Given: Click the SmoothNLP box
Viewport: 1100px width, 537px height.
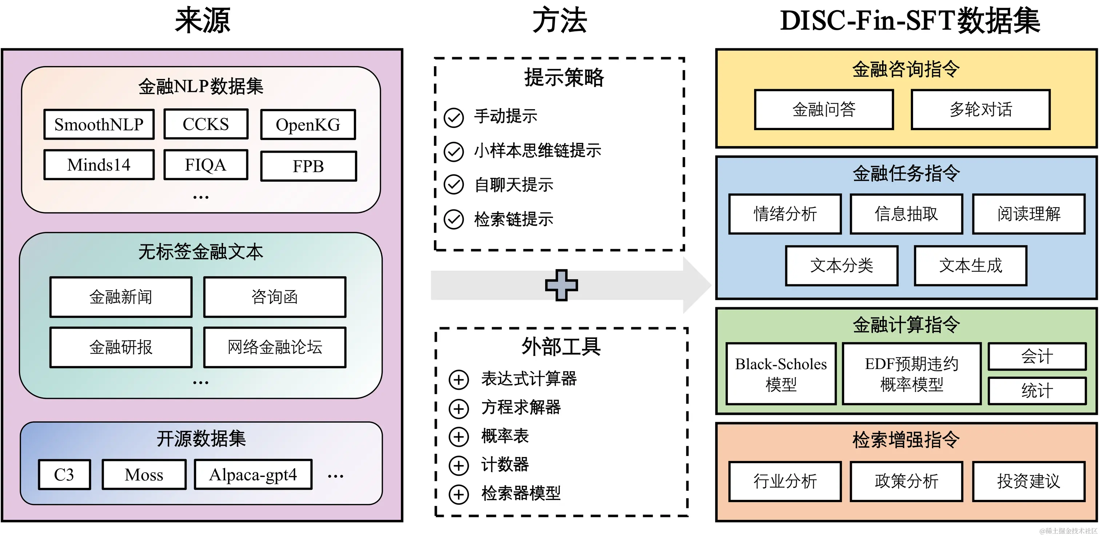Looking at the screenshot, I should click(x=99, y=125).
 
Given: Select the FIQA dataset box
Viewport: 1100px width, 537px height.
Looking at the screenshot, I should click(x=206, y=165).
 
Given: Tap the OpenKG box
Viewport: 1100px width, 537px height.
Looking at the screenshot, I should click(x=308, y=125).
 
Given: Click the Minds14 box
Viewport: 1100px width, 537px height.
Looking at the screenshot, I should click(x=99, y=165).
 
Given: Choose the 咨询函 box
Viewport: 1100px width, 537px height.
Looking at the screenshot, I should click(x=275, y=297).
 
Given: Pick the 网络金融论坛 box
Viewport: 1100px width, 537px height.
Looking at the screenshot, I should click(x=275, y=347).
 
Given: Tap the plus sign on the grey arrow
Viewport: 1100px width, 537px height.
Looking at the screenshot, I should click(x=561, y=285).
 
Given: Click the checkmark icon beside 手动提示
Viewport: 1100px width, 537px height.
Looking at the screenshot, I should click(x=454, y=117).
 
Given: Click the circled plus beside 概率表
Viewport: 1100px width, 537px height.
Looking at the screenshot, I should click(x=459, y=437).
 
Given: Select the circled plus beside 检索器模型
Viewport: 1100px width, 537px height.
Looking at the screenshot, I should click(x=459, y=494).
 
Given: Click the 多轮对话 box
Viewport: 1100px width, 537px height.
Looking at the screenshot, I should click(x=980, y=110).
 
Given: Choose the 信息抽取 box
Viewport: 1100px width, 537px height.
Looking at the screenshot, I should click(x=906, y=214).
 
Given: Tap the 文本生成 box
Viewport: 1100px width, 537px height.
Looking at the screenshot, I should click(x=970, y=265).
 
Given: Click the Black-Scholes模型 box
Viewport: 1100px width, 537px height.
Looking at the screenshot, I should click(x=781, y=373).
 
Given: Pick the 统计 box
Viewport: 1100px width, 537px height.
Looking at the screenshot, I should click(x=1037, y=390).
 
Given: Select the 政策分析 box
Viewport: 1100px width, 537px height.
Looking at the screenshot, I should click(x=906, y=481).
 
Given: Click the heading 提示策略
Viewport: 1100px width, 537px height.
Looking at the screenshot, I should click(x=564, y=78).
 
